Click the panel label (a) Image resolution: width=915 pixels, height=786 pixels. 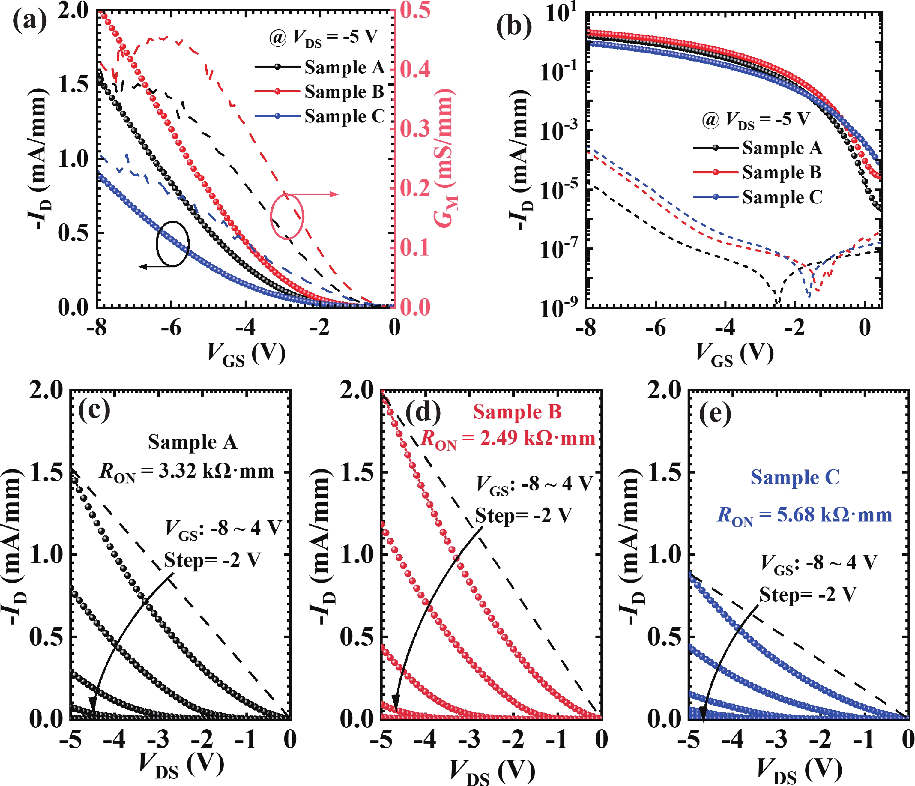[x=29, y=21]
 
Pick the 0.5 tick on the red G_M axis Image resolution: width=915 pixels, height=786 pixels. [x=415, y=10]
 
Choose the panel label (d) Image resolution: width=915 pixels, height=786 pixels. [x=423, y=412]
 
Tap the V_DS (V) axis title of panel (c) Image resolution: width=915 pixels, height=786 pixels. [x=181, y=765]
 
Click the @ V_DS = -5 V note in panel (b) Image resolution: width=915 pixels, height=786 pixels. [x=756, y=120]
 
